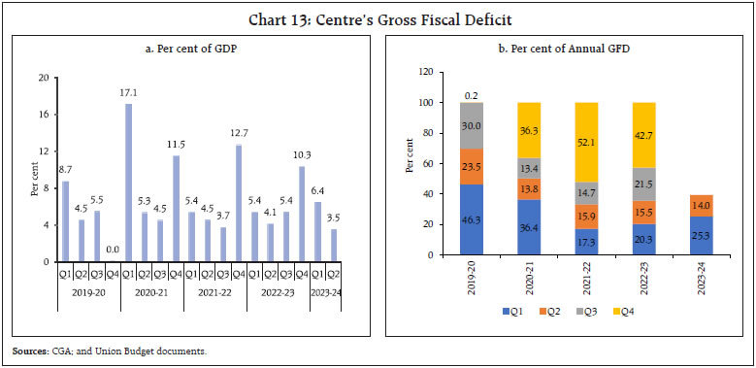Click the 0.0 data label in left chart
tap(113, 250)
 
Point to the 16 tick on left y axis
tap(42, 114)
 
